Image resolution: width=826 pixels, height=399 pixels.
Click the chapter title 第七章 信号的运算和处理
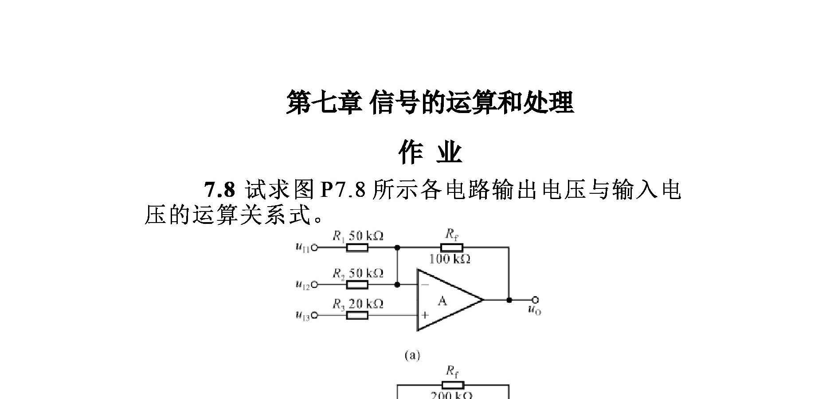point(430,102)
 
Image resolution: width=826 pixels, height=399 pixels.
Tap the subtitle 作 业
point(430,153)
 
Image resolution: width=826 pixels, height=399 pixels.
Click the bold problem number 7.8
point(219,190)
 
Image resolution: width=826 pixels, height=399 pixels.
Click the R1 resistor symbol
point(357,248)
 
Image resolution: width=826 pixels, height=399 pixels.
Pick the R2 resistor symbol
point(357,285)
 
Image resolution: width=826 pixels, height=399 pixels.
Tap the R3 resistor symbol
point(357,315)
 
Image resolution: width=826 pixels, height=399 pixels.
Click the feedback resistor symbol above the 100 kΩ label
point(452,247)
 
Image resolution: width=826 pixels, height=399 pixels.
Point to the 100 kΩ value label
point(450,258)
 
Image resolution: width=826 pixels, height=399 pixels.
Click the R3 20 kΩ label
point(358,304)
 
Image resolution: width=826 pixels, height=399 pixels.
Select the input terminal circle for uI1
point(314,248)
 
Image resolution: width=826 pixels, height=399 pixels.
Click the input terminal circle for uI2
point(314,285)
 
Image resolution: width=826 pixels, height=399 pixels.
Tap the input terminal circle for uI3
point(314,315)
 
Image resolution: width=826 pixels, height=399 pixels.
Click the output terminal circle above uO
point(536,300)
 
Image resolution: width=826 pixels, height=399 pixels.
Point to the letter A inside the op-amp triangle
point(442,301)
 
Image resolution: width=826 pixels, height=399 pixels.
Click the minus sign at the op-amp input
point(425,285)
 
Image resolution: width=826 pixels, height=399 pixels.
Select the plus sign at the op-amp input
point(425,315)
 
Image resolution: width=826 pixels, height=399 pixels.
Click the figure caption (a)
point(412,355)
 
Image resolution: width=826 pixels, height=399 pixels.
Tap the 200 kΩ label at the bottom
point(451,395)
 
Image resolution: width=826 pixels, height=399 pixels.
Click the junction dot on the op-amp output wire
point(509,300)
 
